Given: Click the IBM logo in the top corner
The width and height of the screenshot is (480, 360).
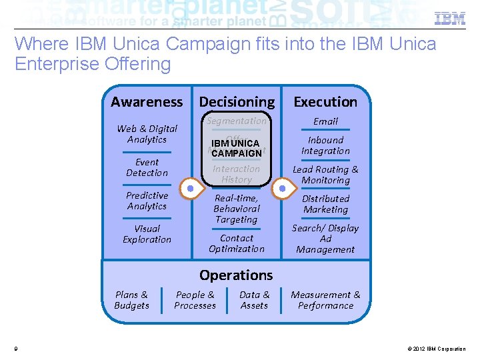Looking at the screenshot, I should pyautogui.click(x=449, y=19).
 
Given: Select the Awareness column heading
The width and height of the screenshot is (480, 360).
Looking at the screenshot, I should pyautogui.click(x=147, y=102).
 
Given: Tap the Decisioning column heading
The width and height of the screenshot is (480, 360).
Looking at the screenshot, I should pyautogui.click(x=237, y=102).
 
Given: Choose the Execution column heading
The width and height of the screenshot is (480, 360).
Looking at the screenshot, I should pyautogui.click(x=325, y=102).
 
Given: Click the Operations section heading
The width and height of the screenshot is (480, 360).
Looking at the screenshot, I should pyautogui.click(x=236, y=275).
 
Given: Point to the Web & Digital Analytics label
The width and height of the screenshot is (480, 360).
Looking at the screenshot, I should pyautogui.click(x=147, y=134).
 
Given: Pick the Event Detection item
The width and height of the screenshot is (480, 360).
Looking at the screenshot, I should pyautogui.click(x=147, y=167).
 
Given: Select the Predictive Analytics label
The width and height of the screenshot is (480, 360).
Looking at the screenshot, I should pyautogui.click(x=147, y=201).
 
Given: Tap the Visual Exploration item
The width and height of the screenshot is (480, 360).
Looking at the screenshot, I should pyautogui.click(x=147, y=234).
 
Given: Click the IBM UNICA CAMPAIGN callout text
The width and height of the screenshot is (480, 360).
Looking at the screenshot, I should pyautogui.click(x=236, y=148).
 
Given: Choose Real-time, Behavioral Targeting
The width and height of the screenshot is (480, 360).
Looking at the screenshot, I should pyautogui.click(x=237, y=209).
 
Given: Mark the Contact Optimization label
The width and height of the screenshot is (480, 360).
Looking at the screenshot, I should pyautogui.click(x=237, y=243).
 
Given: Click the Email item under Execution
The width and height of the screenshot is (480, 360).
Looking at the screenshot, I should pyautogui.click(x=325, y=121).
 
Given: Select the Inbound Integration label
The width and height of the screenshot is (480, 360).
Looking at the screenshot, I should pyautogui.click(x=325, y=145).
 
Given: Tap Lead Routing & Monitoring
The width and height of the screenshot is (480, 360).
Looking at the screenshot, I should pyautogui.click(x=325, y=175).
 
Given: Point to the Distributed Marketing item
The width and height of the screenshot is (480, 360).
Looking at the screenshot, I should pyautogui.click(x=325, y=204).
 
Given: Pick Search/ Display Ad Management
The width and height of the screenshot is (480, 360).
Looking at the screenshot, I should pyautogui.click(x=325, y=239).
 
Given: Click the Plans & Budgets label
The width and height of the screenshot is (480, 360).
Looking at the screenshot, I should pyautogui.click(x=131, y=300).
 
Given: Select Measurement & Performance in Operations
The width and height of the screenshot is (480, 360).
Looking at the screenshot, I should pyautogui.click(x=325, y=300).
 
